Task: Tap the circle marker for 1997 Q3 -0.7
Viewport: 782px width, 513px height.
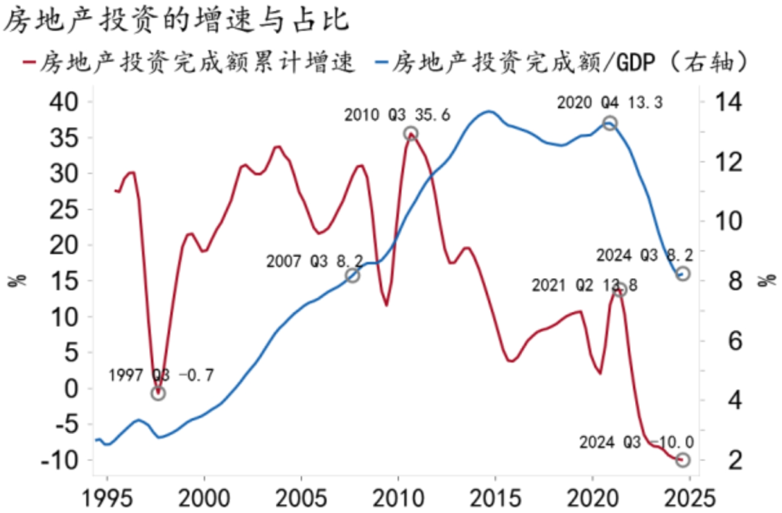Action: tap(159, 393)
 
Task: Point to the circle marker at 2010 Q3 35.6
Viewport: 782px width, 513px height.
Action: tap(411, 133)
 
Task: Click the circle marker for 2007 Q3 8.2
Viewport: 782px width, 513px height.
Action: tap(353, 276)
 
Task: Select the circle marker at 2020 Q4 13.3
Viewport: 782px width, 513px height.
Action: tap(610, 123)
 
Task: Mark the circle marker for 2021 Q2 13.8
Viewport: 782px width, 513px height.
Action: tap(619, 290)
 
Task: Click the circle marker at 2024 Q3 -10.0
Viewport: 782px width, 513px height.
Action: tap(683, 459)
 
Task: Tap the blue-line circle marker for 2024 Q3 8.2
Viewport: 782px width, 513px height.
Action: tap(683, 274)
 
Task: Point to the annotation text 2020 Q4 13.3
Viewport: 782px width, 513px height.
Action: tap(610, 103)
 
